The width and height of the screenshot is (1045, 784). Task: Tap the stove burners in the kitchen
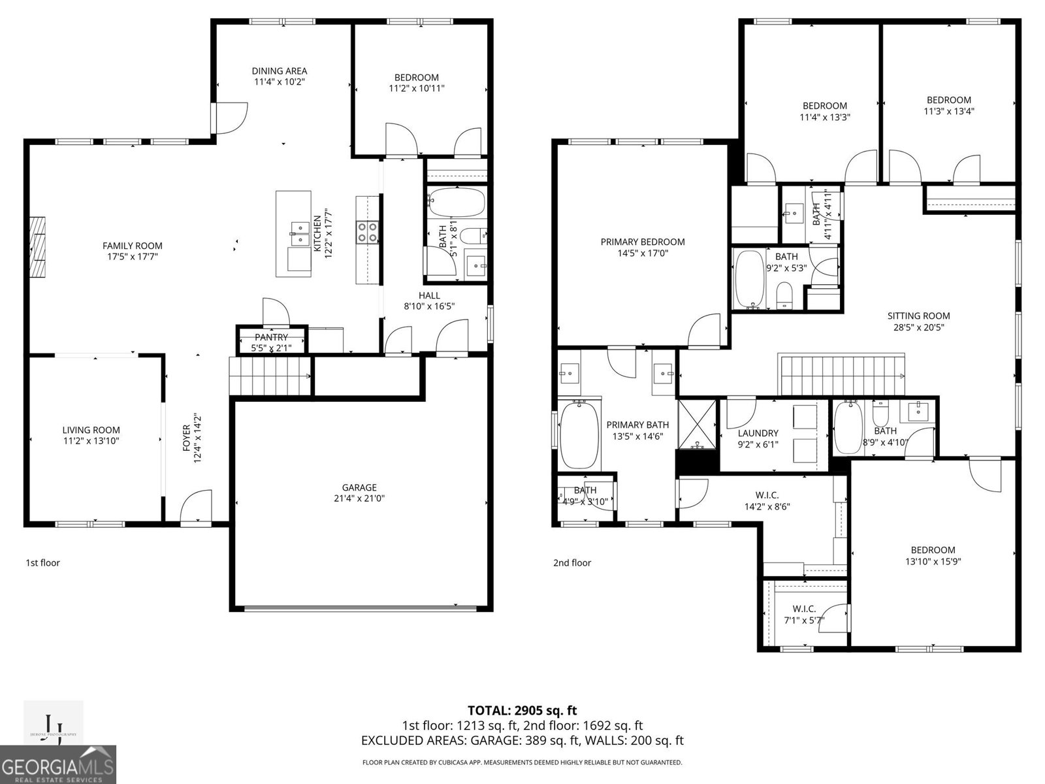pyautogui.click(x=367, y=233)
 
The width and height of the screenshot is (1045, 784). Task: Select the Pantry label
pyautogui.click(x=271, y=337)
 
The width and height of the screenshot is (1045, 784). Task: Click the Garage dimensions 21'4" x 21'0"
pyautogui.click(x=359, y=498)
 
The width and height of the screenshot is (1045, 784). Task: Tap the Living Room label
pyautogui.click(x=91, y=430)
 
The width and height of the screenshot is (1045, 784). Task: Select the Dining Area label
pyautogui.click(x=280, y=71)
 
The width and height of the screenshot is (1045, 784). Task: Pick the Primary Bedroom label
pyautogui.click(x=643, y=242)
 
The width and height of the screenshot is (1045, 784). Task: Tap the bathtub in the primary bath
pyautogui.click(x=579, y=434)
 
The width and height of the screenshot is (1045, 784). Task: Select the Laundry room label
pyautogui.click(x=758, y=433)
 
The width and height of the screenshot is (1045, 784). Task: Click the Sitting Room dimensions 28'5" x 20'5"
pyautogui.click(x=918, y=328)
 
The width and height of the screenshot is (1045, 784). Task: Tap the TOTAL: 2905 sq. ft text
pyautogui.click(x=522, y=710)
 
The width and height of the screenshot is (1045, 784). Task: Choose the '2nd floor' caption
pyautogui.click(x=572, y=563)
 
